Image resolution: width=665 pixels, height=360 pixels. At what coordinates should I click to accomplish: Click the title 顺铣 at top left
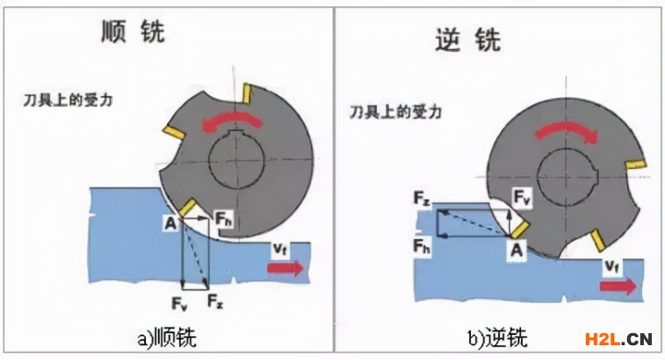pos(133,31)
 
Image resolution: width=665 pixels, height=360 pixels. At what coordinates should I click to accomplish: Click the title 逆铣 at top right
pos(468,41)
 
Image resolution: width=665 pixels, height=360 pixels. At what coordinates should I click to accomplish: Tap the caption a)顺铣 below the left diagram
pos(166,338)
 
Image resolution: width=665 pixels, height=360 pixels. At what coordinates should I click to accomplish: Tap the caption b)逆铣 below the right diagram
pos(498,338)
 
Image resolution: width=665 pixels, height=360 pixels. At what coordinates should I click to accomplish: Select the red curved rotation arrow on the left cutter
pos(233,121)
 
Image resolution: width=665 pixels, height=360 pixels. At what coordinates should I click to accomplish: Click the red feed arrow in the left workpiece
pos(285,269)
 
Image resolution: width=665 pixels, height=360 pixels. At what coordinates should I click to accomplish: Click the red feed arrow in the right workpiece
pos(618,285)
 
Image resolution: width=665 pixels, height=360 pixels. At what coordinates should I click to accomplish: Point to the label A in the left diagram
pos(171,223)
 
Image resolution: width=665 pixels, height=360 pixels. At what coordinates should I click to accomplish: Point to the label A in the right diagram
pos(516,250)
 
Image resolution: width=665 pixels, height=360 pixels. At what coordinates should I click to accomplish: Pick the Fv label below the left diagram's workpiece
pos(179,304)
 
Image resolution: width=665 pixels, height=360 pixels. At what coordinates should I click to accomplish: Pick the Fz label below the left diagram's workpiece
pos(215,302)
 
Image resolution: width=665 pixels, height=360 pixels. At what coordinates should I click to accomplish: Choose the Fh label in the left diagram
pos(224,219)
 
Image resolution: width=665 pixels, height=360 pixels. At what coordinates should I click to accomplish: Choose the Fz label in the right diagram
pos(422,198)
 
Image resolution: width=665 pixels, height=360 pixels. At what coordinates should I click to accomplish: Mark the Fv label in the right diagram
pos(522,198)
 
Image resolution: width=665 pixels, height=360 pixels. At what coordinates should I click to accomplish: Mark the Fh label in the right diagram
pos(422,246)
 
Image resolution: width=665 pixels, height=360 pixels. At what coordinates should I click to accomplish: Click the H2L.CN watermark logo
pos(618,339)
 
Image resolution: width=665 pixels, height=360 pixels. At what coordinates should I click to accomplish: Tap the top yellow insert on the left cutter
pos(247,93)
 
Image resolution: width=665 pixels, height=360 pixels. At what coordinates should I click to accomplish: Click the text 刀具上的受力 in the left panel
pos(67,101)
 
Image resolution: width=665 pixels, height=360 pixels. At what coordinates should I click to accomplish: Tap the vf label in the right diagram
pos(611,266)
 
